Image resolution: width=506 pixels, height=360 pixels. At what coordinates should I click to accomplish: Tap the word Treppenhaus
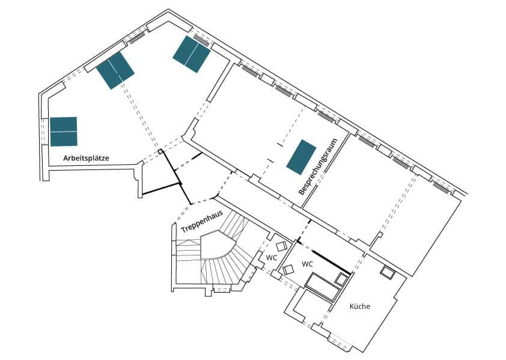(202, 221)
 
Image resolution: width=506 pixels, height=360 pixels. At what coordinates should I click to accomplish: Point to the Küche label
(360, 306)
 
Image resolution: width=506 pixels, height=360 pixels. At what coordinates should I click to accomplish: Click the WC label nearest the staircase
(271, 258)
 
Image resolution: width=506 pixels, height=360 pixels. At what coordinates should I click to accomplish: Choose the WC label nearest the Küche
(307, 264)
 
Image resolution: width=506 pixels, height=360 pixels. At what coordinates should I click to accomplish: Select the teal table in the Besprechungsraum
(302, 157)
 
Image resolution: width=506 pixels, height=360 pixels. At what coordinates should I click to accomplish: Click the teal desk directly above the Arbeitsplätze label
(64, 131)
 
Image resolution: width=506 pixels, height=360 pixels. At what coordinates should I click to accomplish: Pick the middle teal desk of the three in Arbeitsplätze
(115, 70)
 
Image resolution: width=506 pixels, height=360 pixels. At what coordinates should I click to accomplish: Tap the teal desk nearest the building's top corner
(192, 54)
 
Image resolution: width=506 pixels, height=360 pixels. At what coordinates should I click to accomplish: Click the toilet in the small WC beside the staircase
(281, 246)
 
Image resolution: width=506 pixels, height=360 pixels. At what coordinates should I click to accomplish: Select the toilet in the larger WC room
(288, 269)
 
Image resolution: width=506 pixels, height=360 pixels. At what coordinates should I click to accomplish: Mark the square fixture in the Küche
(388, 272)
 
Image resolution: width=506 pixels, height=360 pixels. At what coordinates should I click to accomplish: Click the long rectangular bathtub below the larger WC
(322, 287)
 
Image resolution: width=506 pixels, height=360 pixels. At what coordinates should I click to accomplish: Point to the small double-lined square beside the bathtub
(341, 278)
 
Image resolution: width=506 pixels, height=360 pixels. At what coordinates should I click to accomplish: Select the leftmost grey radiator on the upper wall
(137, 37)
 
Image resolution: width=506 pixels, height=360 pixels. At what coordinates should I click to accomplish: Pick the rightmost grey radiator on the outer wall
(441, 188)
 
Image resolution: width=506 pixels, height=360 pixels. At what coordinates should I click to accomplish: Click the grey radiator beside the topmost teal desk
(201, 41)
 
